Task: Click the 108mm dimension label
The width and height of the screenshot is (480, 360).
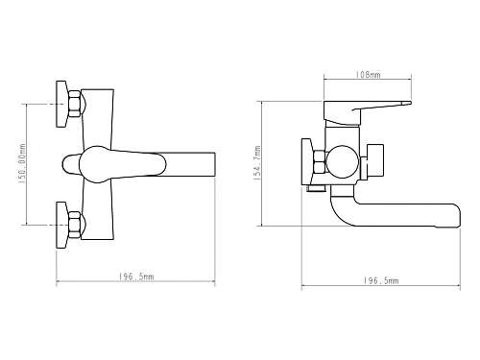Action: coord(368,75)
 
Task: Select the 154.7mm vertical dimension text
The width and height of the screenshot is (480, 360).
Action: coord(257,163)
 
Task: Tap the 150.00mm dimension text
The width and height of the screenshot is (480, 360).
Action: coord(22,163)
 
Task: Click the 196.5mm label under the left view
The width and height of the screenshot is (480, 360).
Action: coord(136,276)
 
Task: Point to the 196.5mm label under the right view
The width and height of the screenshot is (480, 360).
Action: coord(381,280)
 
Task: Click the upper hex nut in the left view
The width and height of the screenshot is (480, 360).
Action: coord(75,104)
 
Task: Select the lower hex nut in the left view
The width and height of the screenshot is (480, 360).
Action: coord(75,225)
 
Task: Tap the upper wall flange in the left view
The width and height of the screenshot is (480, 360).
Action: coord(61,104)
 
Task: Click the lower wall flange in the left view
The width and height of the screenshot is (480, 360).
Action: coord(61,225)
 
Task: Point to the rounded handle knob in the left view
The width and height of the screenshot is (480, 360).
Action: coord(71,164)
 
